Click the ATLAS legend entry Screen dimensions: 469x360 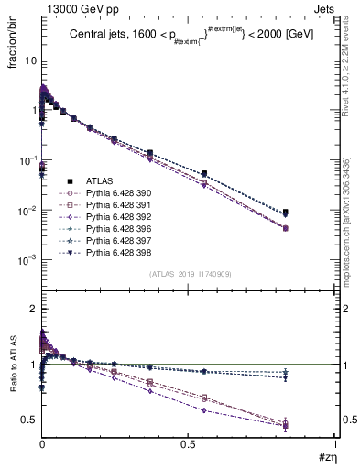click(x=99, y=180)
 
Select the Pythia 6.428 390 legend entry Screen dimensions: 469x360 click(x=115, y=193)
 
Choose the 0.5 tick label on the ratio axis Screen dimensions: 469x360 click(x=29, y=420)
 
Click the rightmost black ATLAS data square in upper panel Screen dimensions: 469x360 click(x=286, y=213)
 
